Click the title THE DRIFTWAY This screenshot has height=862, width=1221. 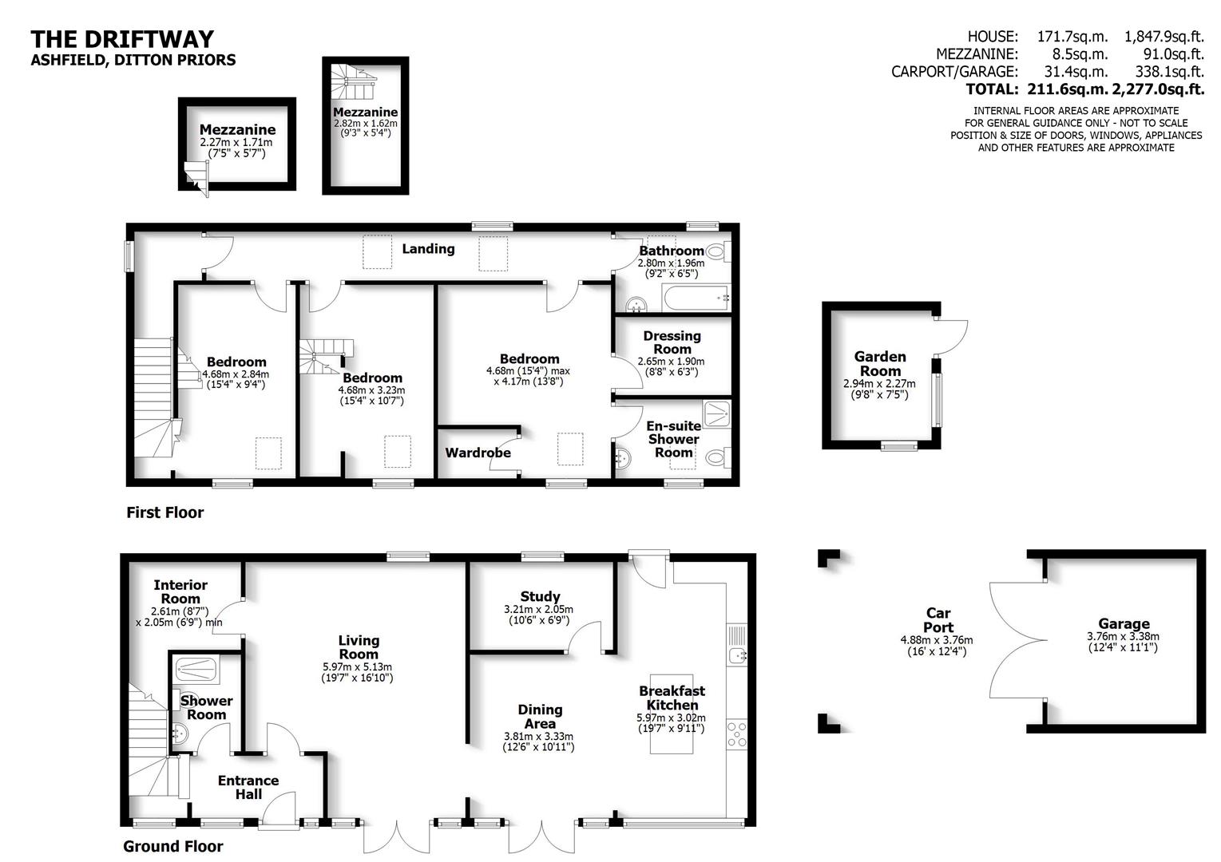pos(122,39)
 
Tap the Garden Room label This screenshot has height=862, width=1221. pos(879,364)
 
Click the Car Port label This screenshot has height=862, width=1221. pos(938,620)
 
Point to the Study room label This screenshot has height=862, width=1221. pos(540,596)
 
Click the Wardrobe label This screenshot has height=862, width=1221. pos(478,453)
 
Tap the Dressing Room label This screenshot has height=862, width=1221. pos(672,342)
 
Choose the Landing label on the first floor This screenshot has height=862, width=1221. pos(428,249)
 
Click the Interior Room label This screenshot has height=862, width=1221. pos(180,592)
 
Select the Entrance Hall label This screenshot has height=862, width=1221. pos(248,787)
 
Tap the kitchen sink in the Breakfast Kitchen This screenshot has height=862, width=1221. pos(736,655)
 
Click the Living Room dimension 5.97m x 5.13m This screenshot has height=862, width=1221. pos(359,667)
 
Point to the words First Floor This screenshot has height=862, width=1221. pos(165,512)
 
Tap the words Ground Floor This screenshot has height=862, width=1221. pos(173,846)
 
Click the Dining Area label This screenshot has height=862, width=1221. pos(540,717)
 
